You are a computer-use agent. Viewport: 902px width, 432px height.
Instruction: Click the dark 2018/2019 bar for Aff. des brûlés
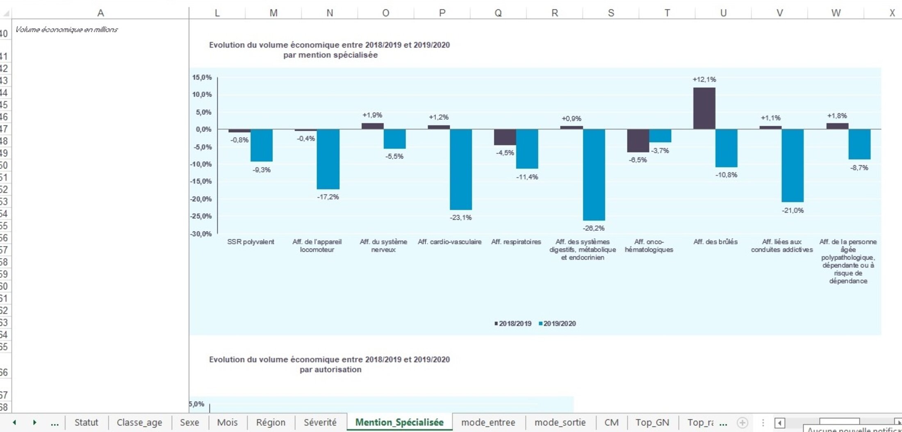tap(704, 108)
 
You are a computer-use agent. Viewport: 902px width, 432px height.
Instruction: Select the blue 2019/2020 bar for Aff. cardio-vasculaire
tap(461, 169)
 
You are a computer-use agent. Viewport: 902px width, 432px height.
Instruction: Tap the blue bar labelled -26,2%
tap(594, 175)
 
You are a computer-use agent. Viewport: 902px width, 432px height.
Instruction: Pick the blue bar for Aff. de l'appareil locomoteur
tap(328, 159)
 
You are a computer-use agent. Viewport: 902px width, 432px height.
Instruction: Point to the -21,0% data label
tap(793, 210)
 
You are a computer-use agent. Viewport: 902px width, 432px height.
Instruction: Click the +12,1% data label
tap(704, 80)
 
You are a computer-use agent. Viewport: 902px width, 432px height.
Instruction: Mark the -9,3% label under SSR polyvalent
tap(262, 170)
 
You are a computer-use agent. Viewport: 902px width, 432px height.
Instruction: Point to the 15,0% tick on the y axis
tap(202, 77)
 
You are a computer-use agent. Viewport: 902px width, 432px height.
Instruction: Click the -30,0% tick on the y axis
tap(201, 234)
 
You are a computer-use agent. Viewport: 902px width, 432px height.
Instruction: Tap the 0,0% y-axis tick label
tap(203, 129)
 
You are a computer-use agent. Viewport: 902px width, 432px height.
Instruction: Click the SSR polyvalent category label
tap(251, 242)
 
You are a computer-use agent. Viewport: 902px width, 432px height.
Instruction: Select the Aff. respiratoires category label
tap(516, 242)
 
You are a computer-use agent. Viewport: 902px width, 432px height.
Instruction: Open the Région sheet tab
tap(271, 422)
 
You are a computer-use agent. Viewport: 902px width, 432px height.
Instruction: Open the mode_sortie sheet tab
tap(560, 422)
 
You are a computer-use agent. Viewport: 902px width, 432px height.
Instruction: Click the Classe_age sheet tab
tap(139, 422)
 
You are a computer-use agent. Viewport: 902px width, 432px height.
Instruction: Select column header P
tap(442, 13)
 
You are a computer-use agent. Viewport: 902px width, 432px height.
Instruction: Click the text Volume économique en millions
tap(66, 30)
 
